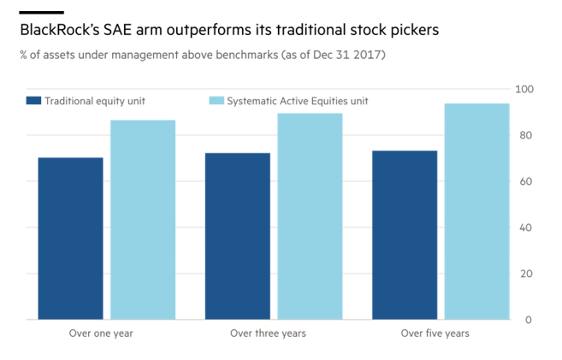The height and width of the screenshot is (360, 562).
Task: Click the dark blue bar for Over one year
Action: click(70, 239)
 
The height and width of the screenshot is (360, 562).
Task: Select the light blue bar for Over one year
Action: click(143, 220)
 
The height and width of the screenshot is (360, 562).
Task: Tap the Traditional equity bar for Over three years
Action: click(238, 236)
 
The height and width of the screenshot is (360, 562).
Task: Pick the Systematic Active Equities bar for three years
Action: click(310, 216)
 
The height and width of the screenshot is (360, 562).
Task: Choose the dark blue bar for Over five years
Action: click(405, 235)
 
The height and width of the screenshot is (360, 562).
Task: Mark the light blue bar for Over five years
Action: click(477, 211)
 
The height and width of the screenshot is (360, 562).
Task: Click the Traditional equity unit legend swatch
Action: click(34, 101)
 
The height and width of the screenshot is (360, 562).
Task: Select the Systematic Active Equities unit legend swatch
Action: click(216, 101)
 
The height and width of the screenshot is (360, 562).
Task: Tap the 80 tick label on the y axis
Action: click(528, 136)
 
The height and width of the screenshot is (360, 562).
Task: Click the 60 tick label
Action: click(528, 182)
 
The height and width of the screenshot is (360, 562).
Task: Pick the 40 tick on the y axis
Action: click(528, 228)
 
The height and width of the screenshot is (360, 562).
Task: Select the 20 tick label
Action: click(528, 274)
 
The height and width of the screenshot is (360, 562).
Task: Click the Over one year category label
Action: click(101, 333)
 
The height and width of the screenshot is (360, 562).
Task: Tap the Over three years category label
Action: click(268, 333)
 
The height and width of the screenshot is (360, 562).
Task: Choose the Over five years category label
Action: click(435, 333)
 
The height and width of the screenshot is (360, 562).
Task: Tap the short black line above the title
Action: click(41, 12)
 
